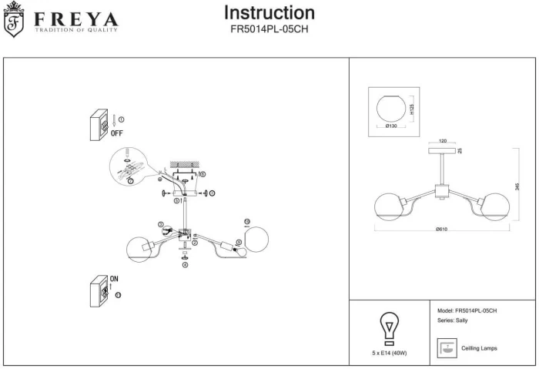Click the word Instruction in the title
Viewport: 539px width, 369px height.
point(269,13)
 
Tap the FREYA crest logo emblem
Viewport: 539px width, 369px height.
point(14,20)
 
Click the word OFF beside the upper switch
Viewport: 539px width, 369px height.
point(117,133)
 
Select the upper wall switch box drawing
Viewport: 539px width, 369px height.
point(99,125)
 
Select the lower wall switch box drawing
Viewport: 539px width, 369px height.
point(99,290)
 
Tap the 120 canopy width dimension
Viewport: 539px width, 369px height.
point(443,142)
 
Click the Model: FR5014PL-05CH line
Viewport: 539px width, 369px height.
point(467,310)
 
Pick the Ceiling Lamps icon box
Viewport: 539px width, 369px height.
point(445,348)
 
